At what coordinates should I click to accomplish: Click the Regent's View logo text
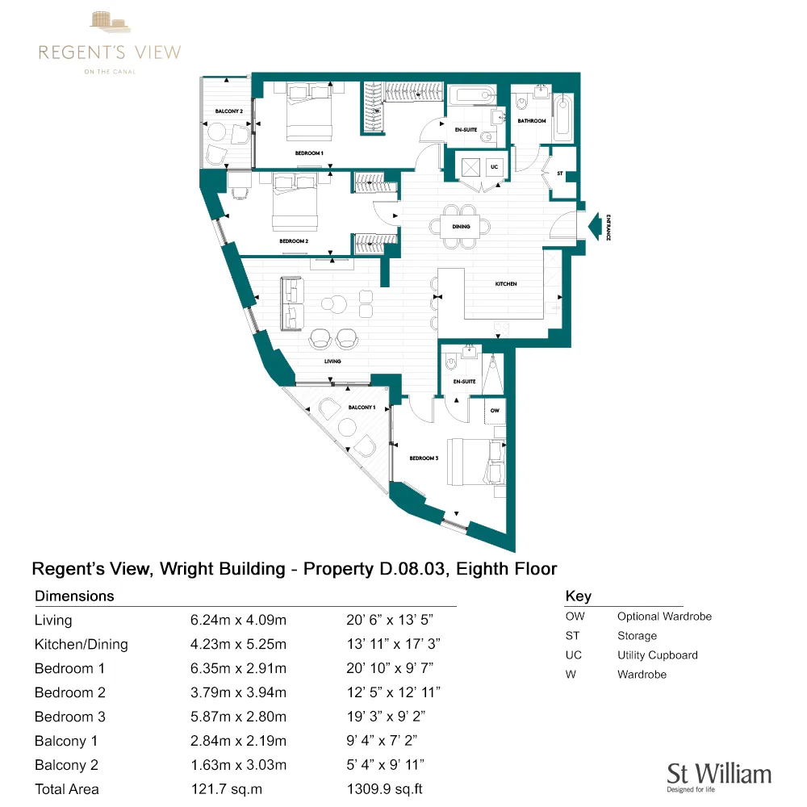(110, 53)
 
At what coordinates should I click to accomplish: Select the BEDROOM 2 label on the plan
(294, 240)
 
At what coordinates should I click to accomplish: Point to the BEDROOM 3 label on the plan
(423, 458)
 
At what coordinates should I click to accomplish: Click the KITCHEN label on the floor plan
(506, 284)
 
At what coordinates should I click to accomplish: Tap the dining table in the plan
(461, 227)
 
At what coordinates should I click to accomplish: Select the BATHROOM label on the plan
(532, 121)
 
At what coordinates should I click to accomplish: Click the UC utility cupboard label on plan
(495, 167)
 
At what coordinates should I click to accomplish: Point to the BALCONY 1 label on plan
(362, 408)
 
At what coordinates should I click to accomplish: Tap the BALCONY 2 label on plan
(228, 111)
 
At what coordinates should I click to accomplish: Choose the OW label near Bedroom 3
(495, 410)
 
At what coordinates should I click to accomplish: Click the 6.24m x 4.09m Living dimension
(238, 621)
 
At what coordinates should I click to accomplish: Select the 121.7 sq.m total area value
(228, 788)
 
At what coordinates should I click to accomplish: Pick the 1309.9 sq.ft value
(384, 788)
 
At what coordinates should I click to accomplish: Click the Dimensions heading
(74, 596)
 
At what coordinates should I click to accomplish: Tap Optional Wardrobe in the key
(664, 617)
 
